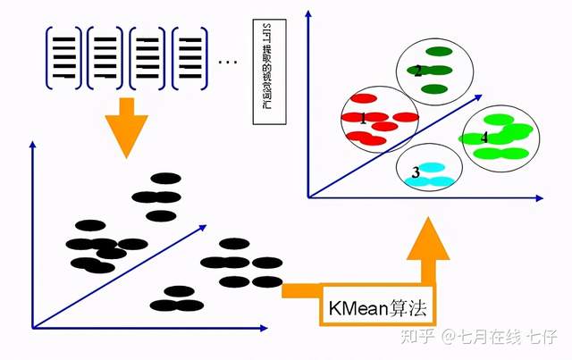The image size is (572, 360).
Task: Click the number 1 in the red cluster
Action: click(364, 117)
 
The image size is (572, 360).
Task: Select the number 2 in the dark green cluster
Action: click(417, 71)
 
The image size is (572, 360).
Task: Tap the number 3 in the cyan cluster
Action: click(415, 171)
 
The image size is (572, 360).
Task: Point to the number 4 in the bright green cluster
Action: click(484, 138)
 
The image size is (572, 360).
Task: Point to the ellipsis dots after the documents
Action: click(227, 62)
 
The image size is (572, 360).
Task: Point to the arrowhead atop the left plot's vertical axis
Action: click(31, 146)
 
